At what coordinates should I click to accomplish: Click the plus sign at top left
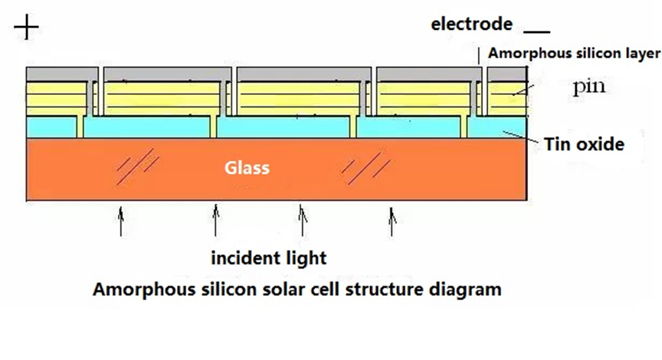(26, 28)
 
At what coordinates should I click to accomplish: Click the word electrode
(471, 24)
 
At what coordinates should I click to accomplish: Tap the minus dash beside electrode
(537, 31)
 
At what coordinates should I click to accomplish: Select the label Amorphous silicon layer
(573, 53)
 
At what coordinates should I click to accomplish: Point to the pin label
(589, 86)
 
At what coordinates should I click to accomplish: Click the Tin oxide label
(584, 143)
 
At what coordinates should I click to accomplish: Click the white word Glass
(247, 167)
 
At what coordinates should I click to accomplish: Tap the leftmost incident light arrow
(120, 220)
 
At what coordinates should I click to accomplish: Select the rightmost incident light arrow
(393, 220)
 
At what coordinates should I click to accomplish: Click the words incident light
(269, 257)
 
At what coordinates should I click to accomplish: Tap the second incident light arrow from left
(215, 220)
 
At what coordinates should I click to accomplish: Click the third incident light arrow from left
(303, 220)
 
